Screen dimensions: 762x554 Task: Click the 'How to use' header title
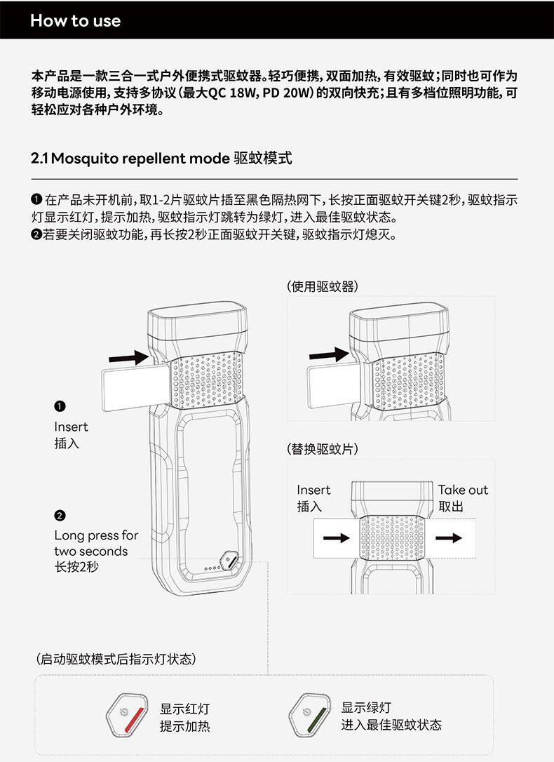point(75,20)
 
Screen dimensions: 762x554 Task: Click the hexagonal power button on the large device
point(229,560)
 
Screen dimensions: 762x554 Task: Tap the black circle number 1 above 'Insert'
point(60,407)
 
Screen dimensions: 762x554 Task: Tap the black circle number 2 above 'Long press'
point(60,516)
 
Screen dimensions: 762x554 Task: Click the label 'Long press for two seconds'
point(96,543)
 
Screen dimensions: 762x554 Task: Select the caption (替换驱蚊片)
point(323,448)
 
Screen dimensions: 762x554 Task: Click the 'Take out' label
point(463,490)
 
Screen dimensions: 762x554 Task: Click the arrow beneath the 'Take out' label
point(449,538)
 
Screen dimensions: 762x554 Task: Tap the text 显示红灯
point(184,709)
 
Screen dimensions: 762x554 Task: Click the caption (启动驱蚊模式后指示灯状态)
point(116,659)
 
